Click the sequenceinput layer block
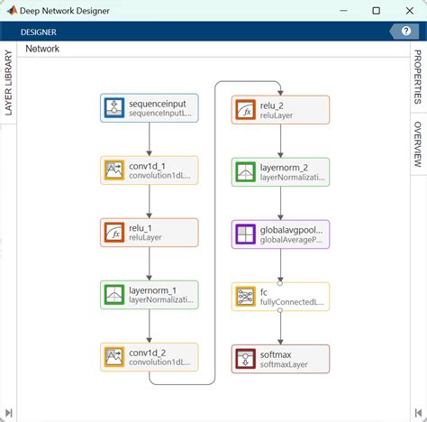coord(150,108)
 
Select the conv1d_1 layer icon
coord(114,170)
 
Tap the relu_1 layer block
coord(150,233)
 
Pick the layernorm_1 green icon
coord(114,295)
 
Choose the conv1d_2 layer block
coord(150,357)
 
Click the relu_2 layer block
coord(280,110)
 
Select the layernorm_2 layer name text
coord(284,168)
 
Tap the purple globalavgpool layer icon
coord(245,234)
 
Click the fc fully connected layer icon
coord(245,297)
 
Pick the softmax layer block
coord(280,359)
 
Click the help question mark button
coord(406,31)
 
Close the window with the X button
coord(410,11)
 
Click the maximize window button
coord(376,11)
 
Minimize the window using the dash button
coord(343,11)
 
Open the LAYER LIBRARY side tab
coord(8,83)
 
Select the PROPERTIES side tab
coord(418,77)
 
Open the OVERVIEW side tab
coord(418,144)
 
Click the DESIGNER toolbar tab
coord(39,32)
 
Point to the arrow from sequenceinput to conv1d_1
coord(150,139)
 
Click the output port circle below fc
coord(280,310)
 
